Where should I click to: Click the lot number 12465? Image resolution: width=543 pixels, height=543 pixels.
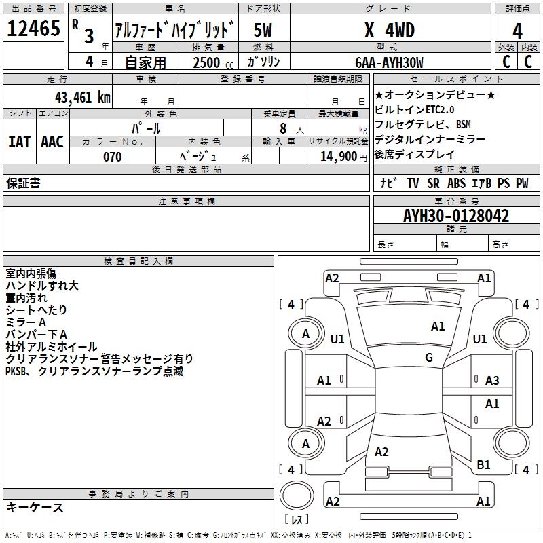tap(34, 29)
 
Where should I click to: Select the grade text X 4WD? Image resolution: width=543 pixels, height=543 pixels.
tap(389, 30)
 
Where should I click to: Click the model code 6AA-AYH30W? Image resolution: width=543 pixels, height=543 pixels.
tap(389, 62)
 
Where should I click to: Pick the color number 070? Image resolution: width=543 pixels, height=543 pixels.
tap(112, 157)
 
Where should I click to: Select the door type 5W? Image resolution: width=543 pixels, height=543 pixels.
tap(263, 30)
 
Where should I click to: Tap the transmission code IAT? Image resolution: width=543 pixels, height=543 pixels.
tap(20, 141)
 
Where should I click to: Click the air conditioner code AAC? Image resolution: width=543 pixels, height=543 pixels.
tap(52, 141)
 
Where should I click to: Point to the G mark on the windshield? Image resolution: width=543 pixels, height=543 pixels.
tap(429, 358)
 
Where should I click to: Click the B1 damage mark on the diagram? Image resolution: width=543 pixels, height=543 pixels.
tap(483, 465)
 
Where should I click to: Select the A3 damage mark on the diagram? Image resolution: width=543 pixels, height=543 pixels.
tap(492, 381)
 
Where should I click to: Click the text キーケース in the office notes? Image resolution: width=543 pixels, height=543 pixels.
tap(35, 508)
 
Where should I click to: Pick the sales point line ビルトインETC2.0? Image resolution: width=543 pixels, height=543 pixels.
tap(415, 109)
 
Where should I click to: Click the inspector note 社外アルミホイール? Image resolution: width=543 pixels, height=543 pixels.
tap(52, 347)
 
